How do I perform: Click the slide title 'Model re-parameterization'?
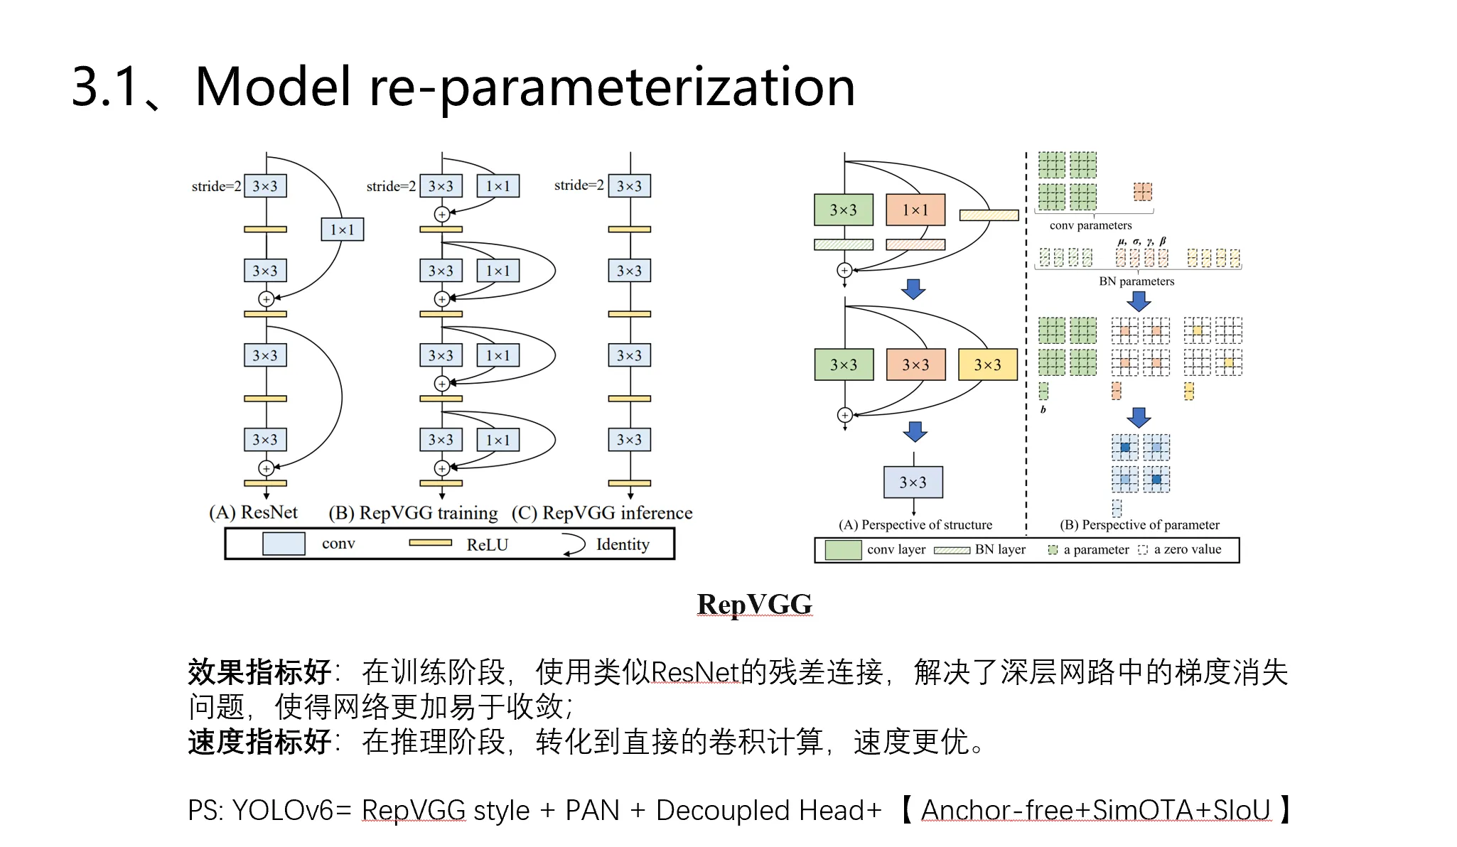pos(525,87)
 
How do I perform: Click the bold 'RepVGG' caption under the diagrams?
pos(754,605)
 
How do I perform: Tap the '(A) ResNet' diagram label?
pos(253,512)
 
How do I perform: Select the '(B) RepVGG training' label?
pos(413,513)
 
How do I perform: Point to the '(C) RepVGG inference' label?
pos(602,513)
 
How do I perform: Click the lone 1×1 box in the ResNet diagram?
pos(342,230)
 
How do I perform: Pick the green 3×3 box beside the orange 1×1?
pos(844,210)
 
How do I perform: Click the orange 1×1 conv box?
pos(915,210)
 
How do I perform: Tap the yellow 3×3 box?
pos(987,365)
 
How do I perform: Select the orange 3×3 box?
pos(915,365)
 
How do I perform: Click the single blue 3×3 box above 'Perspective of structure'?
pos(913,482)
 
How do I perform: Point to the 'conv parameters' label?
pos(1090,225)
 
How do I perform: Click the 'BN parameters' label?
pos(1136,281)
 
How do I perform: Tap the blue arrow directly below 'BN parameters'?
pos(1139,301)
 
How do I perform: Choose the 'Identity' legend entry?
pos(623,544)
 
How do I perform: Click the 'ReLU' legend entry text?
pos(487,545)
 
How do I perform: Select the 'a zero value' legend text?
pos(1187,549)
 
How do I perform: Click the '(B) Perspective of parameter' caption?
pos(1139,525)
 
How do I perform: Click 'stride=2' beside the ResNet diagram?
pos(216,186)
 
